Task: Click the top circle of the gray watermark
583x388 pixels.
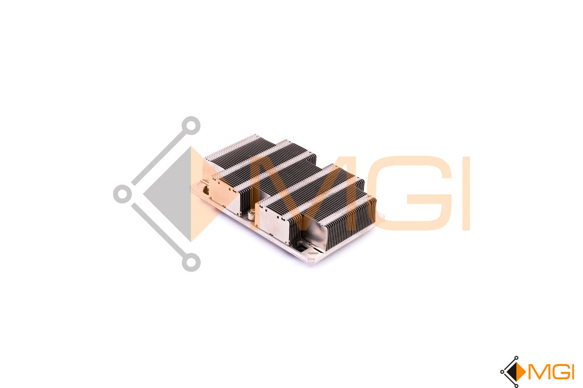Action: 191,125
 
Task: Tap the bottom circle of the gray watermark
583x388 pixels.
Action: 191,262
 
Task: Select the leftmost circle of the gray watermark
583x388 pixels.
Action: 123,194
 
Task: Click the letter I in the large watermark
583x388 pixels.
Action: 466,193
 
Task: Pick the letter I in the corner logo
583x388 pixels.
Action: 572,372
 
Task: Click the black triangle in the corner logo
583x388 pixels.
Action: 512,372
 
